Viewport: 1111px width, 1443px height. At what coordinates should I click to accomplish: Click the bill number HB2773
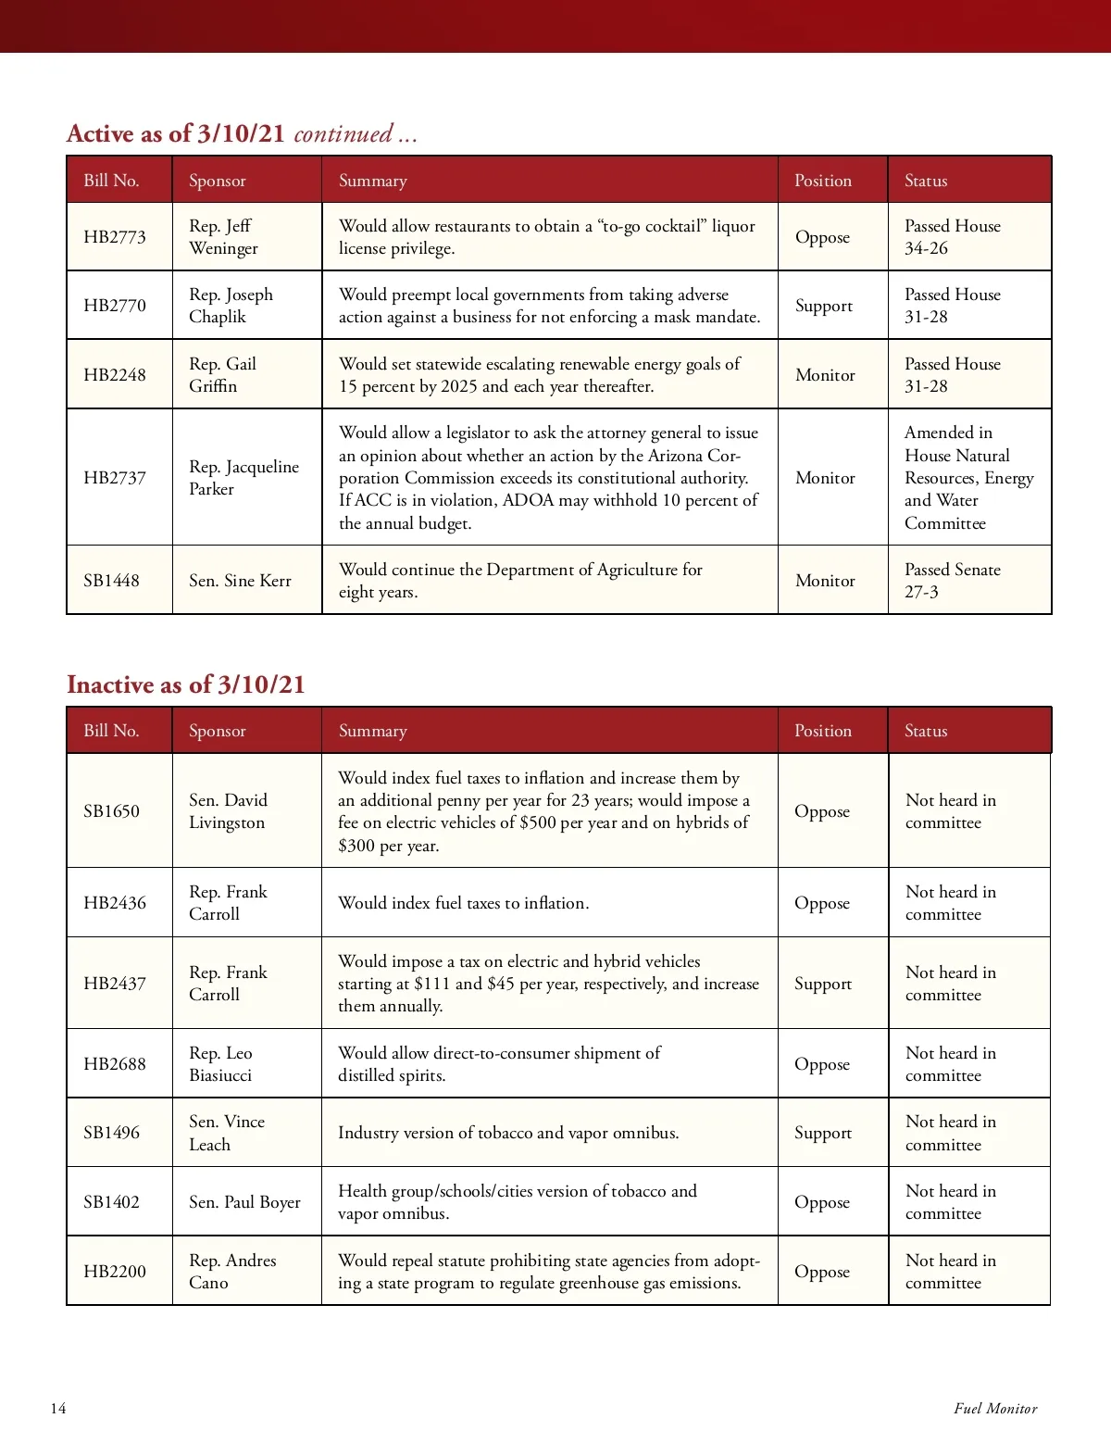(x=115, y=237)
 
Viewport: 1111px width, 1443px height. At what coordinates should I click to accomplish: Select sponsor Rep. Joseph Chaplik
(x=231, y=306)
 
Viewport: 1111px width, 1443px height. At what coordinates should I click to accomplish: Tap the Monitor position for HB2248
(x=825, y=375)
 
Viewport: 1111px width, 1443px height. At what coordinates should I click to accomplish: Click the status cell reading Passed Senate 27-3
(x=952, y=581)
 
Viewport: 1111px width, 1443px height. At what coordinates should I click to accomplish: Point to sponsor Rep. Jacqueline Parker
(x=243, y=478)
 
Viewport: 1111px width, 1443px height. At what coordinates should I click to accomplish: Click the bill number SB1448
(x=111, y=581)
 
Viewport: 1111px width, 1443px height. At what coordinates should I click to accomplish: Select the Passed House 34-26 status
(x=952, y=237)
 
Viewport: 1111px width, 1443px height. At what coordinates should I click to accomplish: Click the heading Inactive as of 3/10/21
(x=185, y=684)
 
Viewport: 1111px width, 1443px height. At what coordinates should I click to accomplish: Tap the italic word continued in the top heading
(x=343, y=134)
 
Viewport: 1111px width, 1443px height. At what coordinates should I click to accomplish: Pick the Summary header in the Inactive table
(x=372, y=731)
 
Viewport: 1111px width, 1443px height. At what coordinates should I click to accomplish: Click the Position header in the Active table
(x=822, y=181)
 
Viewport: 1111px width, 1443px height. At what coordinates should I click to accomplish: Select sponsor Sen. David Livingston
(x=228, y=811)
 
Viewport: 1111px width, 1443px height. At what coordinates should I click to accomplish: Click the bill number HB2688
(x=115, y=1064)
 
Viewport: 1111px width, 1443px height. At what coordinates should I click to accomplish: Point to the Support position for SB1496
(x=822, y=1133)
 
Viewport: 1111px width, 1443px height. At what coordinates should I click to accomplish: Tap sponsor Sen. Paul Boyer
(x=244, y=1202)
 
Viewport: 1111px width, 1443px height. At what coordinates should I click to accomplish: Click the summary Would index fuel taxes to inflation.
(x=463, y=903)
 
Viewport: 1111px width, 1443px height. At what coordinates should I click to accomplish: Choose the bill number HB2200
(x=115, y=1272)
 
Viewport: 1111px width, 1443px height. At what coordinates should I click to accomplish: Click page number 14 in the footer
(x=58, y=1409)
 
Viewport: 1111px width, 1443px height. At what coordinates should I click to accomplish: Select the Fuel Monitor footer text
(x=995, y=1409)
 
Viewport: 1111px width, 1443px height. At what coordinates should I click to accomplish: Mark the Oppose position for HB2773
(x=822, y=237)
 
